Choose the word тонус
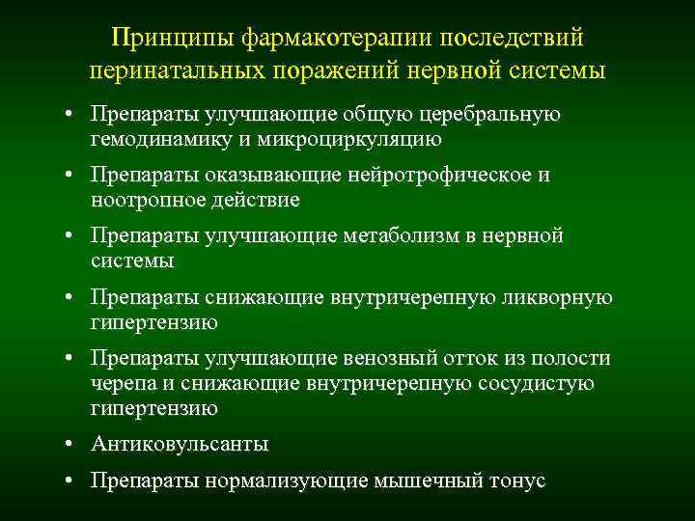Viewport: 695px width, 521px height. (519, 480)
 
